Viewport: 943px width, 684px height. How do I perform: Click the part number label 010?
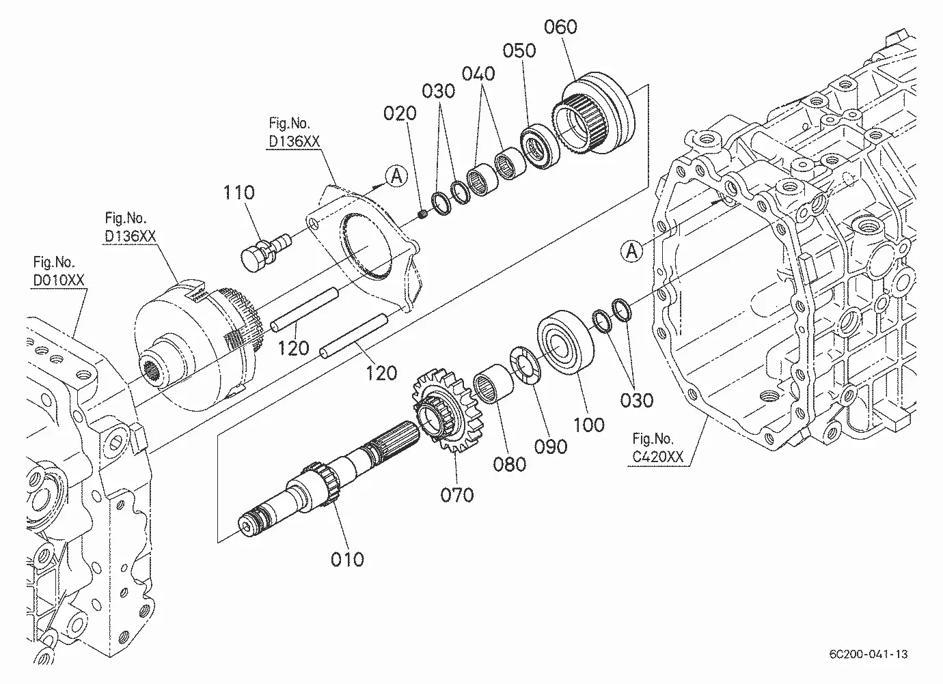tap(347, 560)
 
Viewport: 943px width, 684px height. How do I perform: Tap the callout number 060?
tap(560, 27)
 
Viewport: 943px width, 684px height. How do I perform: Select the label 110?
tap(238, 193)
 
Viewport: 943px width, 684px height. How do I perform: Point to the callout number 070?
tap(457, 495)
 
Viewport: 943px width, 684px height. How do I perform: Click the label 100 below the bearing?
tap(589, 425)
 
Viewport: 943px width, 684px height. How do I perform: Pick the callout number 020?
tap(400, 113)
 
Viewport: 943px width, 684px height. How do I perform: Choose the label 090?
tap(551, 446)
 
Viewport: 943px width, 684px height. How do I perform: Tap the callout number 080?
tap(509, 464)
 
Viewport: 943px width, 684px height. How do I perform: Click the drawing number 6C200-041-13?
tap(869, 654)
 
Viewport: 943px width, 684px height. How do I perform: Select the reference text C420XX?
tap(658, 457)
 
